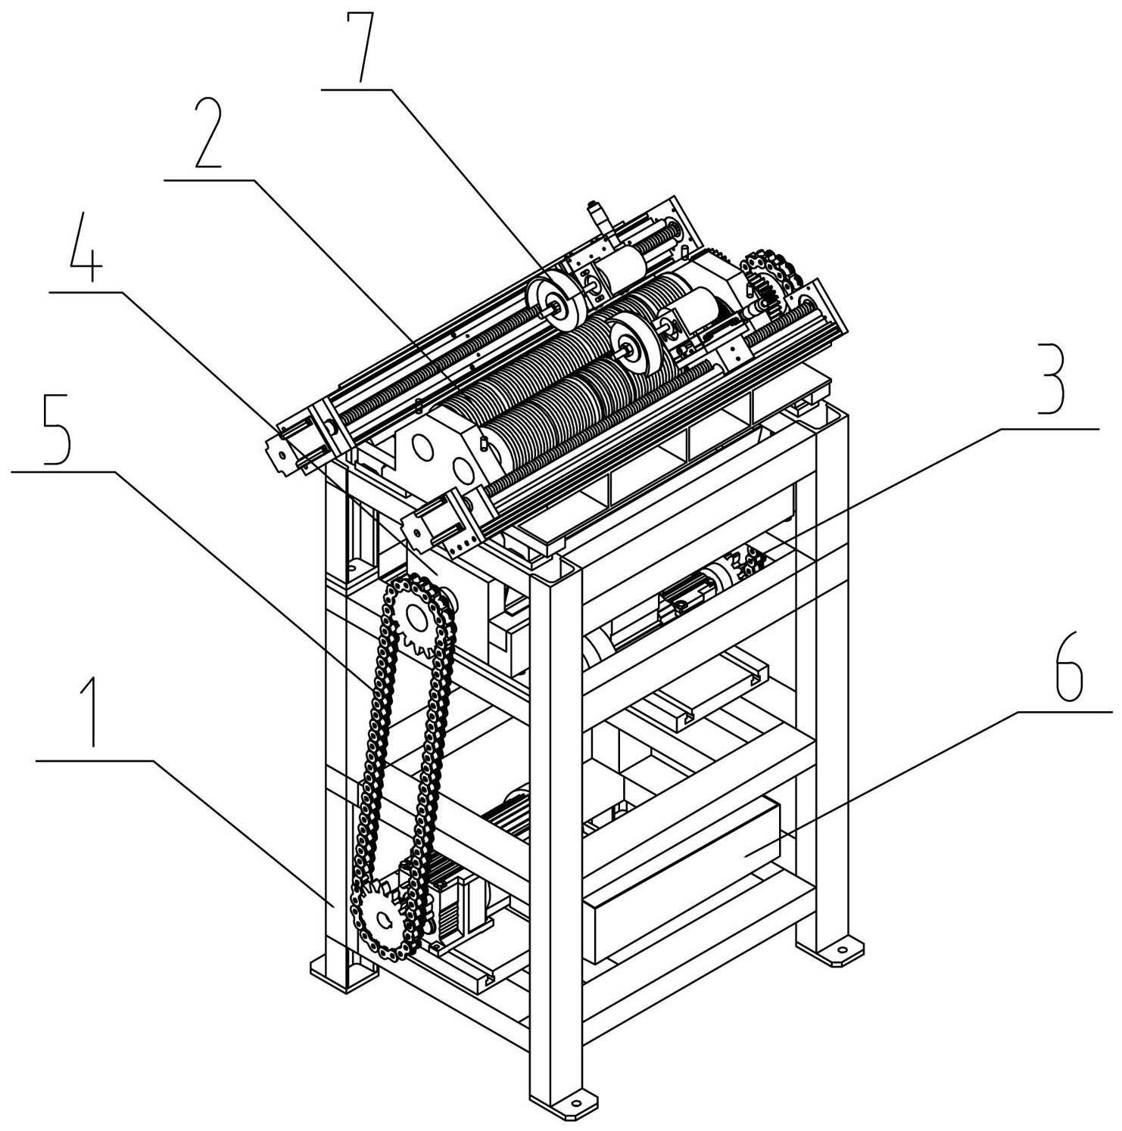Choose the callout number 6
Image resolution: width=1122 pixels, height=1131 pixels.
click(1064, 666)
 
